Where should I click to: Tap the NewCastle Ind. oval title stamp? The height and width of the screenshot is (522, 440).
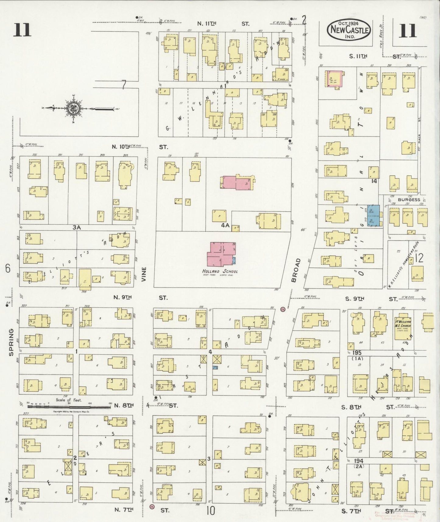click(349, 30)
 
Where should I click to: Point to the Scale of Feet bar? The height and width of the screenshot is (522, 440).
click(69, 406)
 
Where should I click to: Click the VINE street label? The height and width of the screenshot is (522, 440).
click(144, 275)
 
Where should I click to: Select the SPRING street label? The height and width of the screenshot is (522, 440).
click(11, 342)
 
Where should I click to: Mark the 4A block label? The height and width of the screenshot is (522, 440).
click(225, 226)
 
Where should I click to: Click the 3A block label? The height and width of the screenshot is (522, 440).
click(76, 227)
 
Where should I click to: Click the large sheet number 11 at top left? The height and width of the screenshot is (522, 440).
click(22, 30)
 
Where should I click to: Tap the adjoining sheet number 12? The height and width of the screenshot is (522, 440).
click(419, 259)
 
